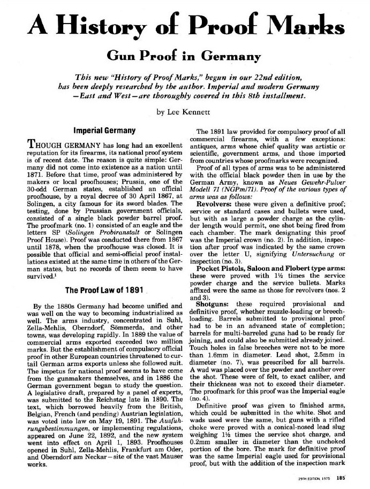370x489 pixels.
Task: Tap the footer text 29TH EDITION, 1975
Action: [315, 479]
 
